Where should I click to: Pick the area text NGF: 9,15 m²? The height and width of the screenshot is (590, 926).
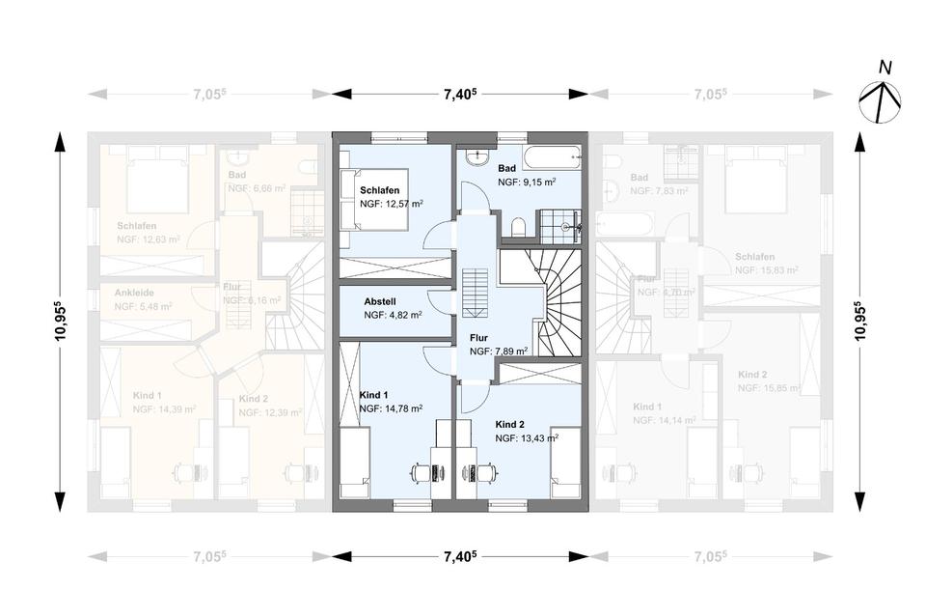pos(527,182)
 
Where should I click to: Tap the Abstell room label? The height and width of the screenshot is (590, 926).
pos(380,300)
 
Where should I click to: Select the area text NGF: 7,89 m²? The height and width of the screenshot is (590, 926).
pos(498,351)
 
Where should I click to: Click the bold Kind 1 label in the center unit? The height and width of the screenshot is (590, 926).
pos(373,395)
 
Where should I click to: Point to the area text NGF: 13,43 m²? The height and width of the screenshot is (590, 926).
pos(527,438)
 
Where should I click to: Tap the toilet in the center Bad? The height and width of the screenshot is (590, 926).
pos(518,227)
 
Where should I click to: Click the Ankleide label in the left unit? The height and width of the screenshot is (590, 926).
pos(134,293)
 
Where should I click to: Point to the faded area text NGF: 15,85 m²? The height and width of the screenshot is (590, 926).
pos(768,388)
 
